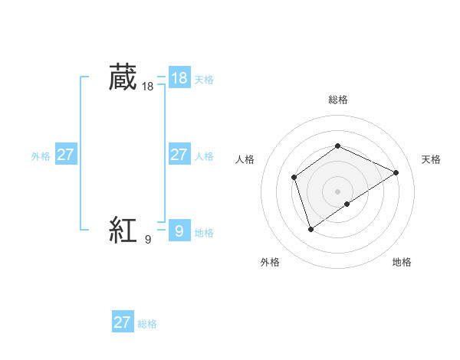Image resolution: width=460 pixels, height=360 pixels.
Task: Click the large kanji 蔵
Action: click(123, 77)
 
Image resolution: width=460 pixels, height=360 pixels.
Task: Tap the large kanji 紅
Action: click(123, 230)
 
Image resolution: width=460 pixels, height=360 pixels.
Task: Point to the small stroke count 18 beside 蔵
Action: click(148, 87)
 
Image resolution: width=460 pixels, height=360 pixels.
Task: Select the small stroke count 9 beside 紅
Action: click(148, 240)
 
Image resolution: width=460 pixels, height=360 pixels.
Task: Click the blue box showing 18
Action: click(179, 77)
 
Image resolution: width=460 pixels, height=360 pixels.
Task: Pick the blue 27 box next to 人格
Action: click(179, 155)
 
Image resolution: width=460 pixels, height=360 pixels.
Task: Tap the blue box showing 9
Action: click(179, 230)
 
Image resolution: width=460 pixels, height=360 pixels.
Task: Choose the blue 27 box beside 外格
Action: click(65, 155)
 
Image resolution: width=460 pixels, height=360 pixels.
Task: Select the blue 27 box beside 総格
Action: click(123, 322)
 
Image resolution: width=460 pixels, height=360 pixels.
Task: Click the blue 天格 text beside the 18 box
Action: click(204, 80)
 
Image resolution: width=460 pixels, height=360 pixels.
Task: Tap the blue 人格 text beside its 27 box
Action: click(204, 156)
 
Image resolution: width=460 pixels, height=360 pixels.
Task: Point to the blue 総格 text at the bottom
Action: click(147, 324)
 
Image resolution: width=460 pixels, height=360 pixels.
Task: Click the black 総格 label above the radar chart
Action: click(337, 100)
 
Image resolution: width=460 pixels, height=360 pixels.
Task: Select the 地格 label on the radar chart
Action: click(402, 262)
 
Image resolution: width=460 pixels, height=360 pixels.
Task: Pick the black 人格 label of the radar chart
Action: click(245, 159)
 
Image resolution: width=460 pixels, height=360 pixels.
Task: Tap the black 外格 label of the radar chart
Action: click(270, 262)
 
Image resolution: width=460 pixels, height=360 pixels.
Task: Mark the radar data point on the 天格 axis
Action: click(396, 172)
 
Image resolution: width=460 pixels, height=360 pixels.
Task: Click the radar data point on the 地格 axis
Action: click(347, 204)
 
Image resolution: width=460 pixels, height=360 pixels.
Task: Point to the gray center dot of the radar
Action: click(337, 191)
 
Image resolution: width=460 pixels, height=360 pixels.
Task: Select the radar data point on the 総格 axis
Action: click(337, 146)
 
